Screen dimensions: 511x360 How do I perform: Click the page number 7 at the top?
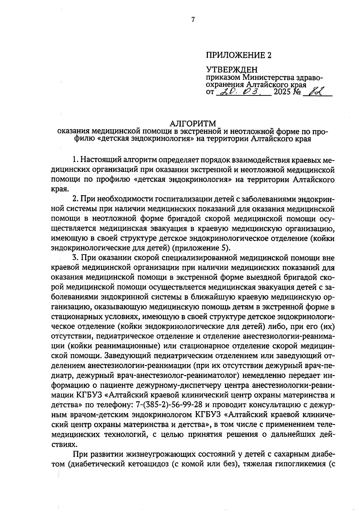click(193, 20)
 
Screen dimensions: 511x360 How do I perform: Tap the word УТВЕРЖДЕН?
click(232, 70)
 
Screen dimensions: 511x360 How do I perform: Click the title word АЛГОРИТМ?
click(193, 124)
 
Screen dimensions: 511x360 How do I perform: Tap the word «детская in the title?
click(114, 139)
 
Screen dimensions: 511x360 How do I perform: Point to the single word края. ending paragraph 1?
click(60, 189)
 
